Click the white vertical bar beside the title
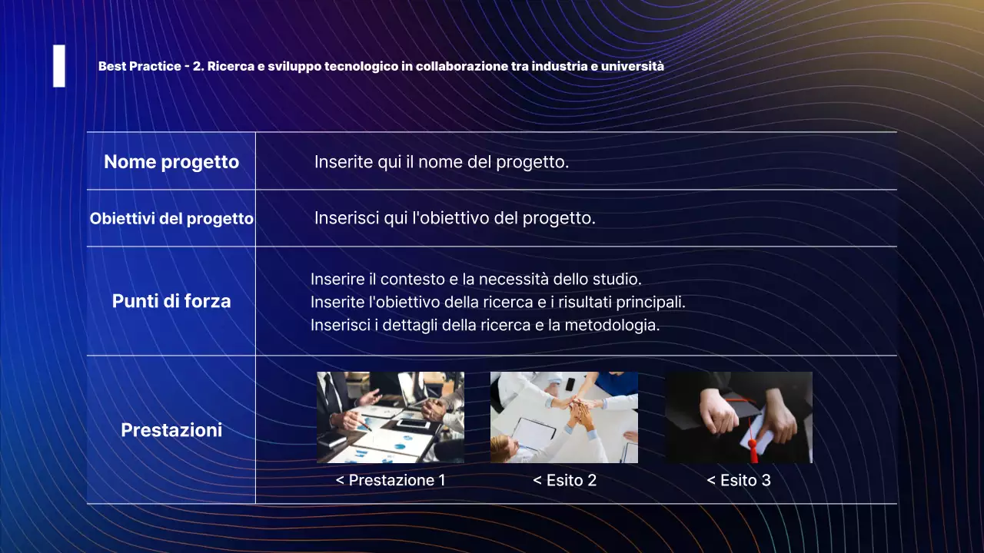tap(59, 66)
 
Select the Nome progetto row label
tap(171, 162)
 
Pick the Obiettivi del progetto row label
tap(171, 219)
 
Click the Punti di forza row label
tap(171, 301)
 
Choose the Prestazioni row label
tap(171, 430)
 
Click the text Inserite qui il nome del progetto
tap(441, 162)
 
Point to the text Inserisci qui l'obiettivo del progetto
tap(454, 218)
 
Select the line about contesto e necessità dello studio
tap(476, 279)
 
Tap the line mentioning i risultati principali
tap(497, 302)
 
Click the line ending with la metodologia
tap(485, 325)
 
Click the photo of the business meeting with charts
tap(391, 417)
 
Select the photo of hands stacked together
tap(564, 417)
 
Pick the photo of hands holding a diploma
tap(738, 417)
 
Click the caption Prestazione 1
tap(391, 481)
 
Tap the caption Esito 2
tap(564, 481)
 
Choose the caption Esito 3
tap(738, 481)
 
